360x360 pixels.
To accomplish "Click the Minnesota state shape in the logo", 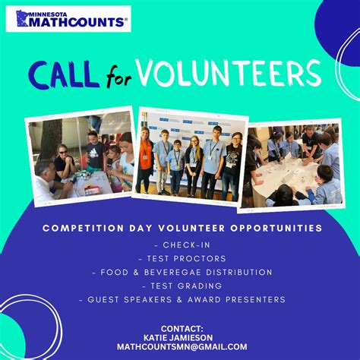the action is pos(22,18).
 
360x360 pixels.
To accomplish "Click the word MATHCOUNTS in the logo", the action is pos(77,22).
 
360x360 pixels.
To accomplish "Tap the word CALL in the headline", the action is pos(63,74).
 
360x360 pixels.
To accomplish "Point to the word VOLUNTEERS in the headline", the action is pos(229,73).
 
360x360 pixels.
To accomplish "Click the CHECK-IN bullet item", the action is pos(182,245).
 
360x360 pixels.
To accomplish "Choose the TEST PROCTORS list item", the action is pos(182,259).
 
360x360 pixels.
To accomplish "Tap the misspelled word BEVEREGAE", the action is pos(172,273).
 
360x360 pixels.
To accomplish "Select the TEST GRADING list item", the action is pos(182,286).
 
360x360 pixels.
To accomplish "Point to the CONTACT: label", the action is pos(182,329).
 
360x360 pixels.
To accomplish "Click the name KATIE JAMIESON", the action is pos(178,338).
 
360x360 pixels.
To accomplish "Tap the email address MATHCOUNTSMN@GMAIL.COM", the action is pos(182,347).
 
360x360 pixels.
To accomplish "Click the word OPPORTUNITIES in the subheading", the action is pos(276,228).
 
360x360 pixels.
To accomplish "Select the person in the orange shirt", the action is pos(145,160).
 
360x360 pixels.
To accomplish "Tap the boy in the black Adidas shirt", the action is pos(95,152).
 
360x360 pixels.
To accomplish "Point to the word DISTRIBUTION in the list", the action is pos(239,273).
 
